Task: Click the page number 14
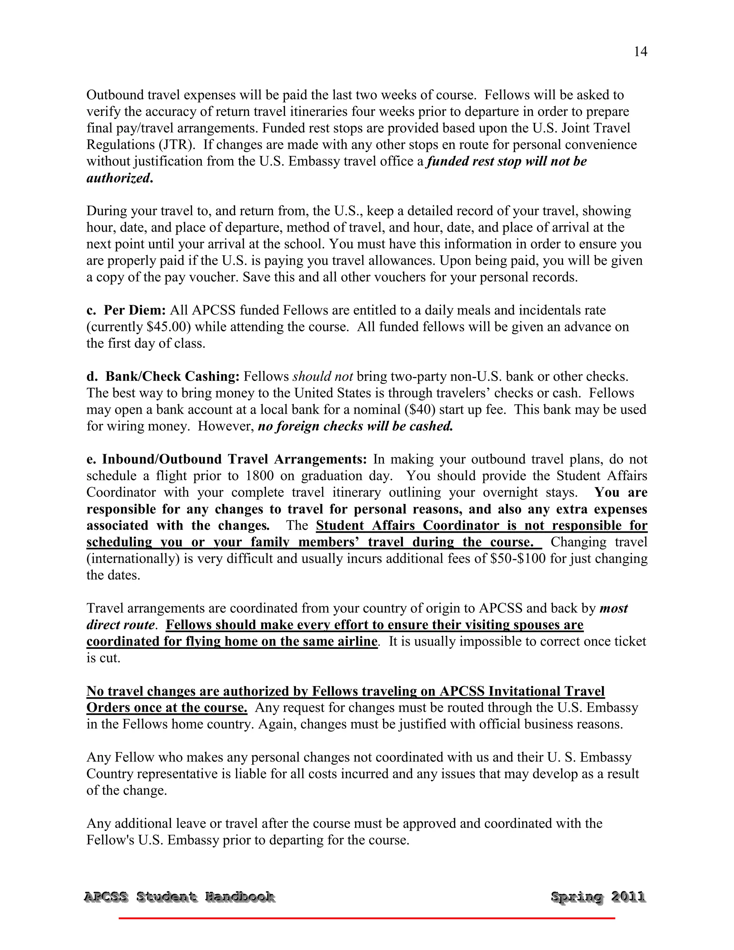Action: tap(640, 52)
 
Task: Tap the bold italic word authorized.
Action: tap(120, 178)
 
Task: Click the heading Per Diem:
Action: tap(135, 310)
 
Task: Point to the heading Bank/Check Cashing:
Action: tap(172, 376)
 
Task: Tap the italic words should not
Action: tap(323, 376)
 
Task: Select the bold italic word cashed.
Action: tap(431, 426)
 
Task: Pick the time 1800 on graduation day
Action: tap(259, 476)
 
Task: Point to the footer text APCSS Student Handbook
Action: tap(179, 897)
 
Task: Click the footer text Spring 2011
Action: tap(598, 897)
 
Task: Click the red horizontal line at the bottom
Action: tap(367, 918)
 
